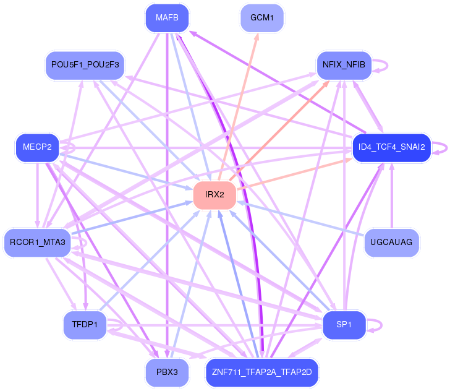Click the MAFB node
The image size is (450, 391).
167,18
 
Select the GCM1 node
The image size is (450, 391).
262,18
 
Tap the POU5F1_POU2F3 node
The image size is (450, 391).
85,65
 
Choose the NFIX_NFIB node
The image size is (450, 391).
344,65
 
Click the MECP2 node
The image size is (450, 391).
37,147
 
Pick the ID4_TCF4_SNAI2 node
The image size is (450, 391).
391,147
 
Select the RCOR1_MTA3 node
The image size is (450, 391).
38,242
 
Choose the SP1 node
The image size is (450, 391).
344,325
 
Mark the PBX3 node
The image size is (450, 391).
167,372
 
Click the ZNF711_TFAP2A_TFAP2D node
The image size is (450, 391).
262,372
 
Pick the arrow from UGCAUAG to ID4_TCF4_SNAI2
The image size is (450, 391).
391,198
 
